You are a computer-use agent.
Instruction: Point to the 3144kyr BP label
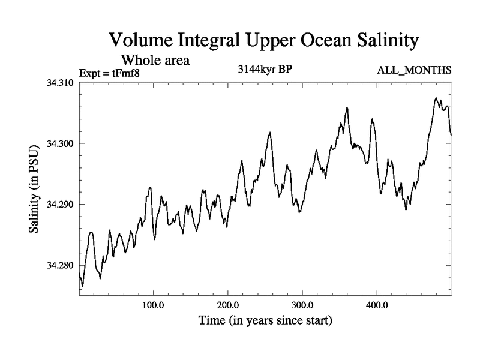(x=266, y=69)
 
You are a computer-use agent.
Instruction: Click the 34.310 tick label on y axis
(x=60, y=82)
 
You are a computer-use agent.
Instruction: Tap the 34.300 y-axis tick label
(x=60, y=143)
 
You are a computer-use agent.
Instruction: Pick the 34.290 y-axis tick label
(x=60, y=205)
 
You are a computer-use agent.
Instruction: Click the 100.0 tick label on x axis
(x=154, y=304)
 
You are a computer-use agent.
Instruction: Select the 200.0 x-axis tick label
(x=228, y=304)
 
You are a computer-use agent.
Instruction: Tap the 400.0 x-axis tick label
(x=377, y=304)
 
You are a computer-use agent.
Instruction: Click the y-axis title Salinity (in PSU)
(x=35, y=190)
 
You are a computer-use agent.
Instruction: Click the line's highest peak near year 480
(x=436, y=98)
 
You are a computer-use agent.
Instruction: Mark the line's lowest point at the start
(x=82, y=286)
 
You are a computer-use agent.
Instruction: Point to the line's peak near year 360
(x=347, y=108)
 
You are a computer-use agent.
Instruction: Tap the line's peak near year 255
(x=270, y=133)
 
